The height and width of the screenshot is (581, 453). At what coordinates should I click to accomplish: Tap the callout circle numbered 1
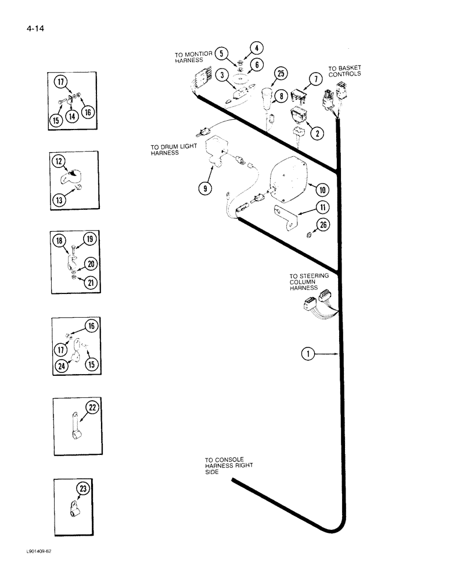(308, 352)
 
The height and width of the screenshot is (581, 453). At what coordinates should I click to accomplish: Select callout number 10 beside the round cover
(321, 189)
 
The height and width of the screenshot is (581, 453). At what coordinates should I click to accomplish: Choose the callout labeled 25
(281, 73)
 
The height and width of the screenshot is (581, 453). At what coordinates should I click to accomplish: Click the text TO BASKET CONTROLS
(344, 71)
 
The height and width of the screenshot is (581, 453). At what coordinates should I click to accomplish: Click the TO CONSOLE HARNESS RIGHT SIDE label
(229, 466)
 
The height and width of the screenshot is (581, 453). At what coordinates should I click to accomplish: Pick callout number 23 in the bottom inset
(85, 489)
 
